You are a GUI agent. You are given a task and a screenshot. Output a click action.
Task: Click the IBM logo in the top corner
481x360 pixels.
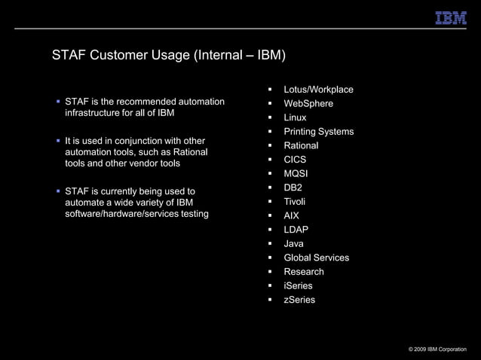pos(451,17)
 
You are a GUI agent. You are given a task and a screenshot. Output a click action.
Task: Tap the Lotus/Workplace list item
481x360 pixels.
pos(318,90)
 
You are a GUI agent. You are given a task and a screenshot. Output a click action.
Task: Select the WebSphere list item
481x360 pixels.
pos(308,104)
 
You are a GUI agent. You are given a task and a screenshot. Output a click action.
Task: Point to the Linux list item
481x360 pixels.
pos(295,117)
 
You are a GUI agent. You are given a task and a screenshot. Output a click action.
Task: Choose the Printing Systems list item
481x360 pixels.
pos(318,132)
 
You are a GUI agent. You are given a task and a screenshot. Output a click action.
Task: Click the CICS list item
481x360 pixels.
pos(295,160)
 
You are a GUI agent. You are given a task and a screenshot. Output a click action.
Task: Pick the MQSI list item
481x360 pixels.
pos(296,174)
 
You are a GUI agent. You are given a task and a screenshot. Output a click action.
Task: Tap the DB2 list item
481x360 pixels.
pos(293,187)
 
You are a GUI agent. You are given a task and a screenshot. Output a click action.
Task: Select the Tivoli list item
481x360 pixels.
pos(295,202)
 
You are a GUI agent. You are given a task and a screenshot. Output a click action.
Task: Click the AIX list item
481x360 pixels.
pos(292,215)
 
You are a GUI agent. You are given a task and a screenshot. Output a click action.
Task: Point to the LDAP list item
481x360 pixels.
pos(296,230)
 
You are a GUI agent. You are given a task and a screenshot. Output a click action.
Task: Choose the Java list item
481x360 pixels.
pos(293,244)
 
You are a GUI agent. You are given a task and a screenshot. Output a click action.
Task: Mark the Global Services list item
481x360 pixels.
pos(316,258)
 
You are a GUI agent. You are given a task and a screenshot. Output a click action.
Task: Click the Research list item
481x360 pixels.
pos(304,272)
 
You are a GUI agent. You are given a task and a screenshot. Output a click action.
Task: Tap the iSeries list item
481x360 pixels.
pos(298,286)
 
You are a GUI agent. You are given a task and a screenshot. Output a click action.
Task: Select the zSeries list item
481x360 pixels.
pos(299,300)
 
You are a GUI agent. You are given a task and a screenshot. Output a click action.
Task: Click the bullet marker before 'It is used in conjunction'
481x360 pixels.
pos(57,141)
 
